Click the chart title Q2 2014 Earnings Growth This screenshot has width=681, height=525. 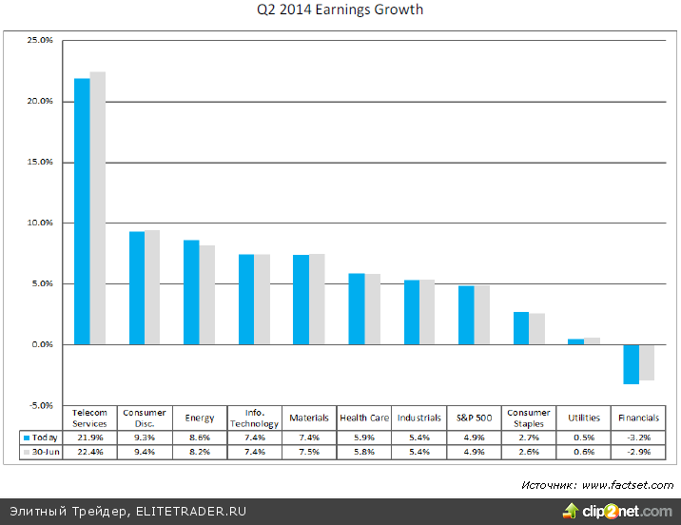(340, 10)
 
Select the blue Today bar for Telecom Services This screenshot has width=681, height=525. (82, 210)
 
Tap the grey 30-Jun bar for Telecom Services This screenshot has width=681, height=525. (98, 207)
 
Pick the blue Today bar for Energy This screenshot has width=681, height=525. (191, 292)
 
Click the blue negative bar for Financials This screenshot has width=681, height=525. (631, 363)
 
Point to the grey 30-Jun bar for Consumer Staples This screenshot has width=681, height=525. (537, 328)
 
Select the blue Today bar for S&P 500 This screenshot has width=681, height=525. (466, 315)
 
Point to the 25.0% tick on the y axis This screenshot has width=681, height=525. (41, 41)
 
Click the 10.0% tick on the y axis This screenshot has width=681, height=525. (41, 223)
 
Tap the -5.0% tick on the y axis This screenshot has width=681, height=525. (41, 405)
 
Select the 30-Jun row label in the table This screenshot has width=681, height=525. (40, 453)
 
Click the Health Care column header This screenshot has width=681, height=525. (364, 418)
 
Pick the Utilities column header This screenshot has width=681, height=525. (584, 418)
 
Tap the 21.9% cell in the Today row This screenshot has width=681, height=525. (91, 437)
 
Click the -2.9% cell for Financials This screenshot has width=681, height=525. (638, 453)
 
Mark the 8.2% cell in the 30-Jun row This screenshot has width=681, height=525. (201, 453)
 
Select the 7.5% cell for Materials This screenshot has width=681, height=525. (310, 453)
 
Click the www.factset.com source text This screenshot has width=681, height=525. (627, 485)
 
